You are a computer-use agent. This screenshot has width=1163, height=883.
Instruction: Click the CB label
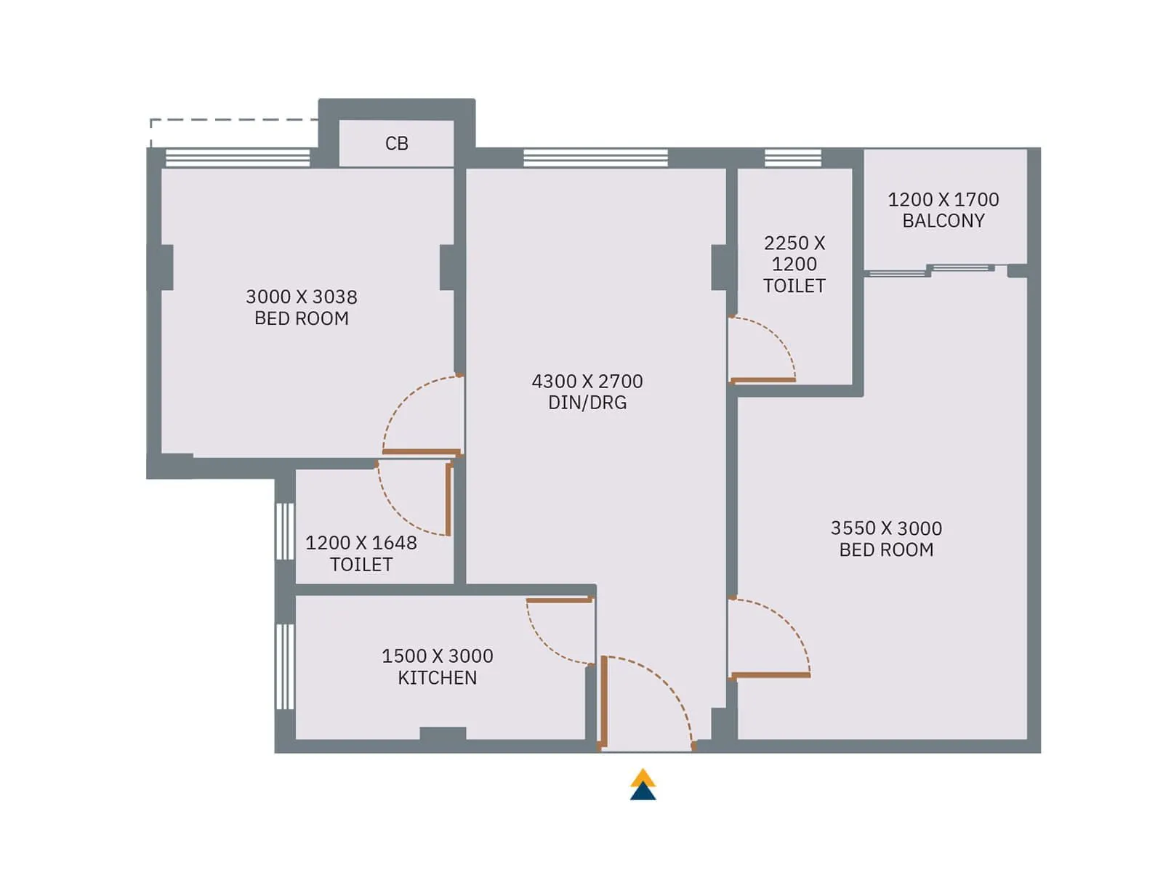point(396,144)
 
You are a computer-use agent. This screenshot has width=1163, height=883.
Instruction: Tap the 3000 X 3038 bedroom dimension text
point(301,297)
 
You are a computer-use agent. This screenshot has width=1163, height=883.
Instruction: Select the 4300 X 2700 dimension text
point(587,382)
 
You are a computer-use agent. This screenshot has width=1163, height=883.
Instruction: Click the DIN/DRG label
point(587,403)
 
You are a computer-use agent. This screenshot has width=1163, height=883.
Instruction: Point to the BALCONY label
point(943,221)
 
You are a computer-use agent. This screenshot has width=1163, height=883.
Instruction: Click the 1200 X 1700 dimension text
point(943,200)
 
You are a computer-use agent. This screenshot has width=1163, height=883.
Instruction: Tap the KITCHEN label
point(437,678)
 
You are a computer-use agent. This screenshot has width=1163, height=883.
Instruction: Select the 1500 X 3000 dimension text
point(437,656)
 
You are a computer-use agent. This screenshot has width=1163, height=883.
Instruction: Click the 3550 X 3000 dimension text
point(885,528)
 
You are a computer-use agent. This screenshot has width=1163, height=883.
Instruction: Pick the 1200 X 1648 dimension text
point(361,543)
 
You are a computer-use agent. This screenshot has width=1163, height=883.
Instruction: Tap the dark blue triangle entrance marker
point(643,792)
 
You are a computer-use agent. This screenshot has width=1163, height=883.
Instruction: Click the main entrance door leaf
point(603,702)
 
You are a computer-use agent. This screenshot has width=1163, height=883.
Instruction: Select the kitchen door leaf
point(558,600)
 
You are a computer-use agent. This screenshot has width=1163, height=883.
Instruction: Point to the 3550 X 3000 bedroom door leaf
point(770,675)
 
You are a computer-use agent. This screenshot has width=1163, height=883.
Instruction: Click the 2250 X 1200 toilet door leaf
point(762,380)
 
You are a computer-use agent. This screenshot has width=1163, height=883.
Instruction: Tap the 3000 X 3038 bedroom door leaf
point(422,452)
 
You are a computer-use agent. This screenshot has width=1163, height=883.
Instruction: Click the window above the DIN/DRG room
point(595,158)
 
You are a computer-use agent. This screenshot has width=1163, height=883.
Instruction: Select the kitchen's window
point(285,666)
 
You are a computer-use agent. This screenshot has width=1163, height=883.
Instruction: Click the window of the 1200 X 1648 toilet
point(285,531)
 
